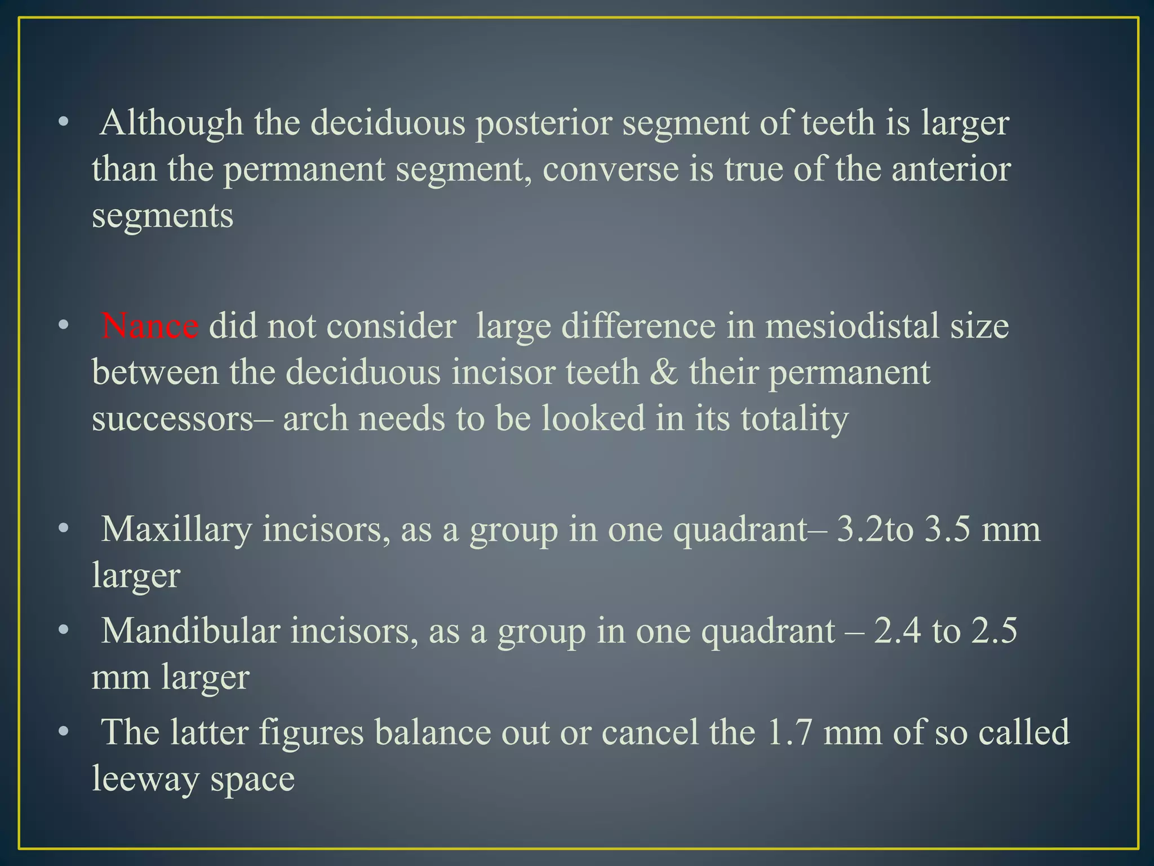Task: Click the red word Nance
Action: pyautogui.click(x=149, y=326)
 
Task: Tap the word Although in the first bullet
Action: pyautogui.click(x=171, y=123)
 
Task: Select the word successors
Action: pyautogui.click(x=172, y=419)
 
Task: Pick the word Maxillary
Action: pyautogui.click(x=176, y=530)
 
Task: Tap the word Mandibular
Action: pyautogui.click(x=190, y=631)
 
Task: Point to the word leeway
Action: pyautogui.click(x=145, y=779)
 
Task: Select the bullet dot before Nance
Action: pyautogui.click(x=64, y=326)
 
